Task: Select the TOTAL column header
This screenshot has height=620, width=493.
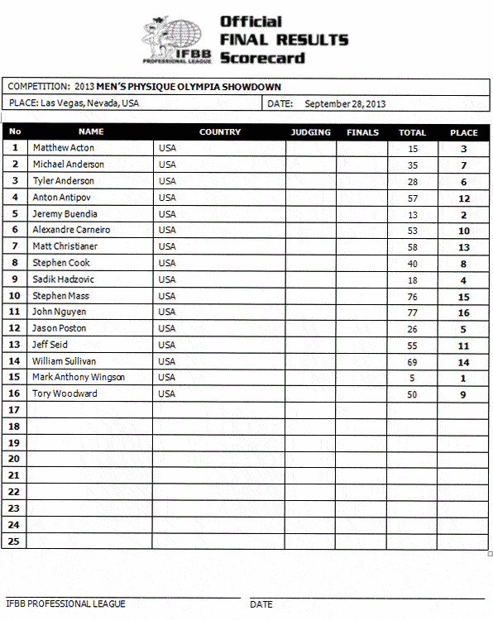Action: pyautogui.click(x=412, y=132)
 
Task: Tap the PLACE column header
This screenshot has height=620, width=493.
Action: pyautogui.click(x=463, y=132)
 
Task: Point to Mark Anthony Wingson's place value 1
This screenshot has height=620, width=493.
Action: pyautogui.click(x=463, y=378)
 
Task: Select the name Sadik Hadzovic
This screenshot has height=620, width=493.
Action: pyautogui.click(x=62, y=279)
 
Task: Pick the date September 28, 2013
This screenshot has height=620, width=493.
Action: pyautogui.click(x=345, y=104)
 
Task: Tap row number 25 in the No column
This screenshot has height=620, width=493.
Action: pyautogui.click(x=14, y=541)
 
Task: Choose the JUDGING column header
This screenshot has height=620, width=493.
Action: pyautogui.click(x=310, y=132)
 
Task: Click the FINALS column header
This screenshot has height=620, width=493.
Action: pyautogui.click(x=362, y=132)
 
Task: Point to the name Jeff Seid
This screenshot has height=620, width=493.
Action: pyautogui.click(x=50, y=345)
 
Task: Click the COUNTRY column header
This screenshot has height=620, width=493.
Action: pyautogui.click(x=220, y=132)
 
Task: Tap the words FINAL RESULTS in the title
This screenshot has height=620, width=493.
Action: pyautogui.click(x=284, y=40)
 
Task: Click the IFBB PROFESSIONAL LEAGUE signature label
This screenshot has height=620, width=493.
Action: pyautogui.click(x=65, y=604)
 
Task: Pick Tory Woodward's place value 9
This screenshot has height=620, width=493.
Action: pyautogui.click(x=463, y=394)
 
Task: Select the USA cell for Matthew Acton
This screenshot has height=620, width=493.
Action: pyautogui.click(x=167, y=148)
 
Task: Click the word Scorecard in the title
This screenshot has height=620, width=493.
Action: pyautogui.click(x=262, y=58)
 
